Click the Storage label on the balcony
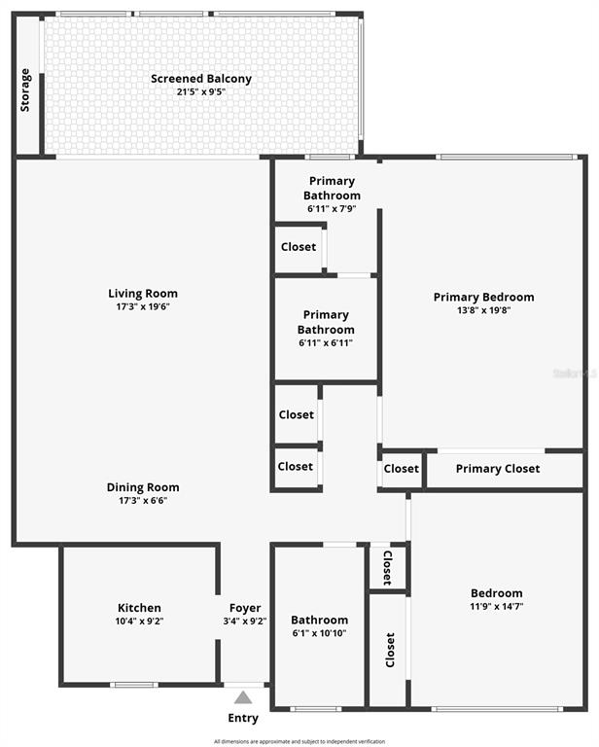click(x=25, y=89)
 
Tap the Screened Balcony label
click(x=201, y=79)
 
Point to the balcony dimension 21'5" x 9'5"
click(x=201, y=92)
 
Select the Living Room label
click(x=143, y=293)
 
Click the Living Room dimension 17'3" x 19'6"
click(x=143, y=306)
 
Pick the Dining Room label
click(x=143, y=487)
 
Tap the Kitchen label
click(x=139, y=608)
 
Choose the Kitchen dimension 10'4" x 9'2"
click(x=139, y=621)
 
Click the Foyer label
click(x=245, y=608)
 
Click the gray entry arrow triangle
click(x=243, y=696)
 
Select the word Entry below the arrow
click(x=243, y=719)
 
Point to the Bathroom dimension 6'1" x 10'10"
click(x=319, y=633)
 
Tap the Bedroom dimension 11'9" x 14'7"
click(x=496, y=606)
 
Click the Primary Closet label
click(x=497, y=469)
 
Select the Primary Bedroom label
click(x=483, y=297)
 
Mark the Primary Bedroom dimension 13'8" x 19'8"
click(x=483, y=310)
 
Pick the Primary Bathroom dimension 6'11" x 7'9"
click(x=333, y=209)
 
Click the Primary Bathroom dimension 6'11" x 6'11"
click(x=326, y=343)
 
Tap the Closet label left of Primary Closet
click(x=401, y=469)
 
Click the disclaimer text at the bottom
click(x=299, y=741)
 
